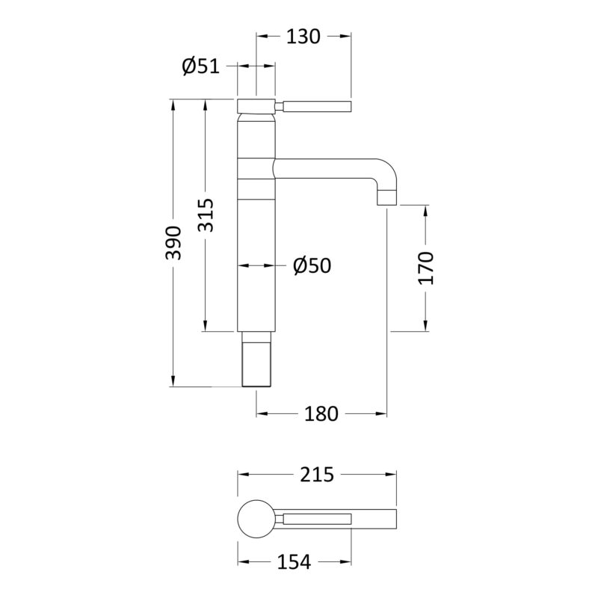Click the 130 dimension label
point(303,37)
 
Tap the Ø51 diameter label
point(200,66)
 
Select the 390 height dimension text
point(173,243)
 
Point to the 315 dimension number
point(206,215)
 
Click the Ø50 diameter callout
point(312,265)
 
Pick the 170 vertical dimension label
point(426,268)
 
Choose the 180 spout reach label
point(321,414)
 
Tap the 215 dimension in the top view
point(317,475)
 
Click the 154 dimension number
point(294,562)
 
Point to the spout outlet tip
point(387,205)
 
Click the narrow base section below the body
point(256,359)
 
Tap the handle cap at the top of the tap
point(256,106)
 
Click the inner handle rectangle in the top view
point(317,519)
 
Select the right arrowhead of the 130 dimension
point(345,36)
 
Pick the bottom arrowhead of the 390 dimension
point(173,381)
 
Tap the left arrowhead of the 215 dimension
point(244,475)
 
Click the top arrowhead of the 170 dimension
point(426,211)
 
